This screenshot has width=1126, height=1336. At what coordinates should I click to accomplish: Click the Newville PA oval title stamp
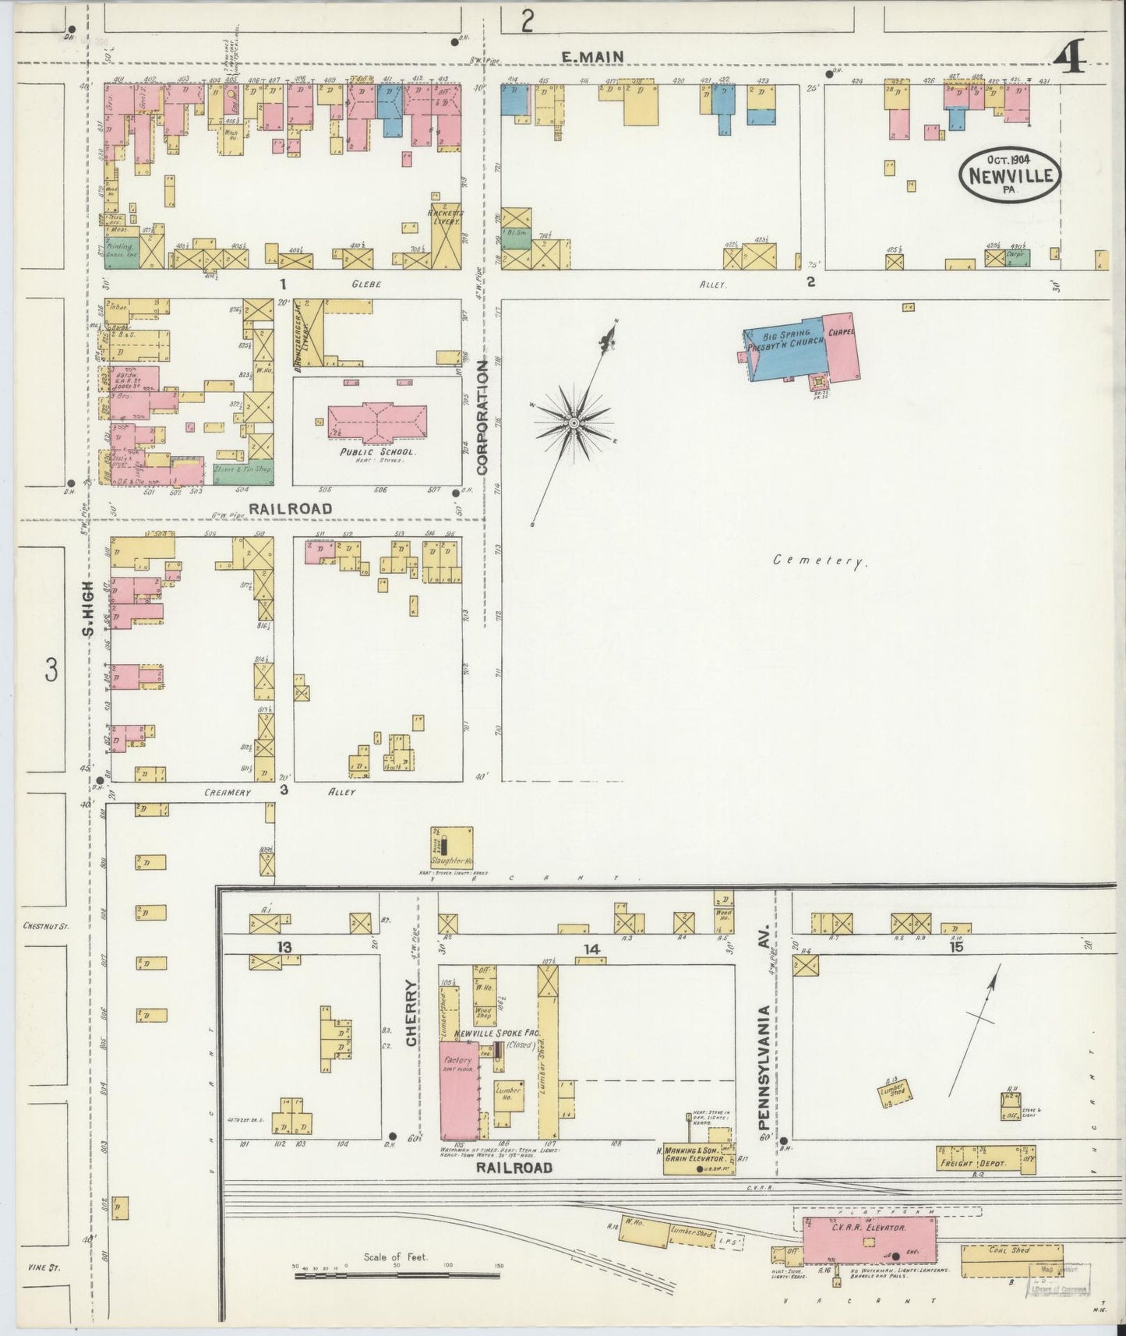pos(1010,175)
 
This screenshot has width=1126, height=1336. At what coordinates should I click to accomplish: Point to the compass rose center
pos(574,422)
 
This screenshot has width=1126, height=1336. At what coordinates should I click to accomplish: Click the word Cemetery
pos(821,560)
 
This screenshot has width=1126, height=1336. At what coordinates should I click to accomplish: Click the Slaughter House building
pos(452,846)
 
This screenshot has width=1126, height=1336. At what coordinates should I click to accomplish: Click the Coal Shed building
pos(1011,1260)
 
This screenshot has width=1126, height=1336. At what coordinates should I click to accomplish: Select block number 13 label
pos(284,947)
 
